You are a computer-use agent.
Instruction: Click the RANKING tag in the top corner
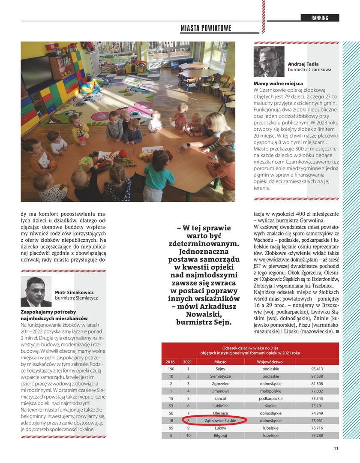(320, 18)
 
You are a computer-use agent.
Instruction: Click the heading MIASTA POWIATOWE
(206, 28)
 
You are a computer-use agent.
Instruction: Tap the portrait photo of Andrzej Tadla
(269, 62)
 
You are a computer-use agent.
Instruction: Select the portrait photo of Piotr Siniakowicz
(36, 292)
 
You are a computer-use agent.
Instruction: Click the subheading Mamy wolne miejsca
(279, 83)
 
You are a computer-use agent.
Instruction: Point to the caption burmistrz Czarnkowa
(309, 69)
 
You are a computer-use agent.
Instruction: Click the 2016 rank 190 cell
(171, 369)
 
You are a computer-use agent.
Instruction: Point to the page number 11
(336, 448)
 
